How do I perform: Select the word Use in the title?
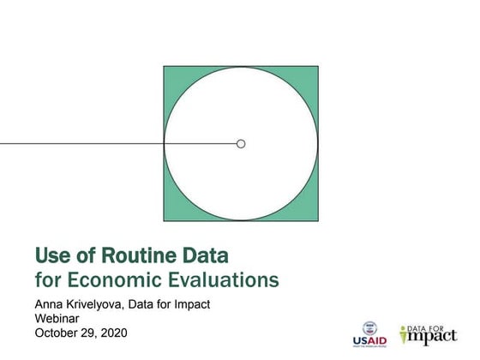[x=53, y=255]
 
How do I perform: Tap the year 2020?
[x=113, y=333]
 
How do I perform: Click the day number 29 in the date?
[x=89, y=333]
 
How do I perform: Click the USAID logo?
[x=369, y=334]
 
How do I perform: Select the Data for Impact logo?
[x=429, y=334]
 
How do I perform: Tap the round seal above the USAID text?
[x=369, y=327]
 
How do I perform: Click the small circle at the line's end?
[x=241, y=143]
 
